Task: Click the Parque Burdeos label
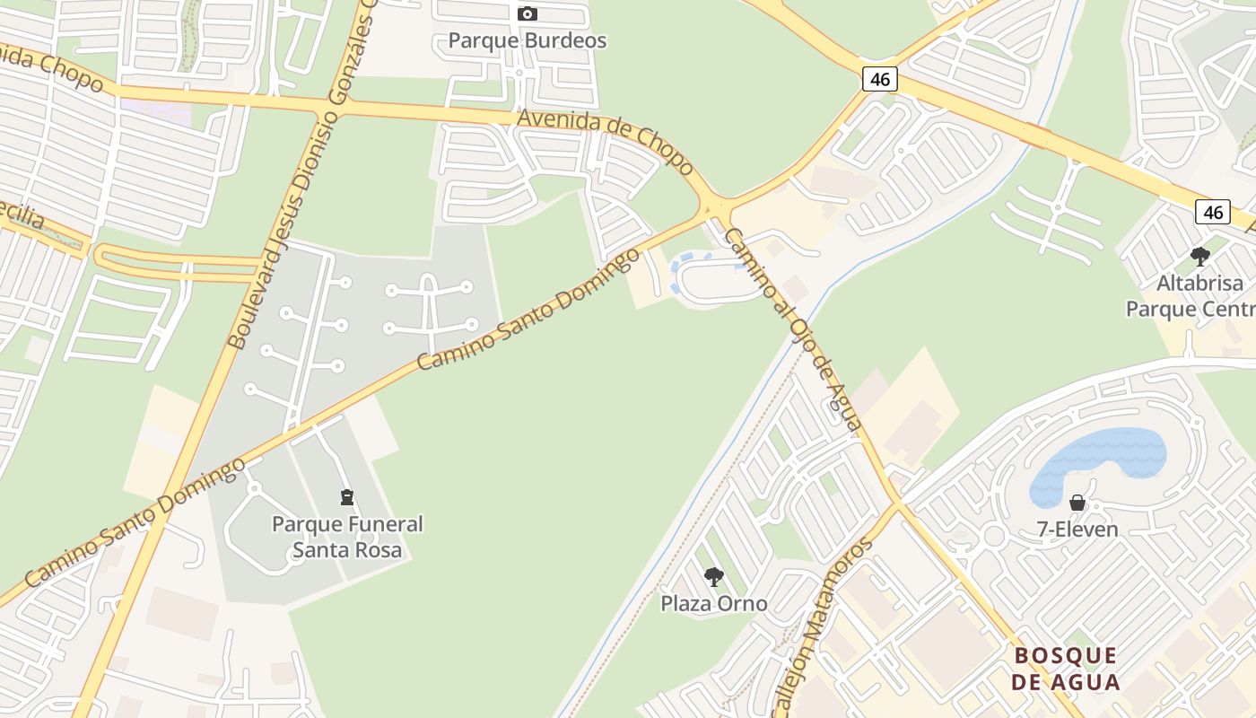pyautogui.click(x=527, y=40)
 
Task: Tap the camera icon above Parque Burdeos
pyautogui.click(x=528, y=13)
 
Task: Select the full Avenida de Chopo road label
pyautogui.click(x=605, y=140)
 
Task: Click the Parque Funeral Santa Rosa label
pyautogui.click(x=347, y=536)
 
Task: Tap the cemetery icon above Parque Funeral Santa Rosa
pyautogui.click(x=347, y=496)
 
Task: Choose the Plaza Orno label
pyautogui.click(x=714, y=603)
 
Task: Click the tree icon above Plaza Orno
pyautogui.click(x=714, y=576)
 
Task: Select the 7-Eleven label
pyautogui.click(x=1077, y=529)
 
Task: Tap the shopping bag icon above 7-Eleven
pyautogui.click(x=1077, y=503)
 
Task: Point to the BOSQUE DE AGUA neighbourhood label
pyautogui.click(x=1066, y=669)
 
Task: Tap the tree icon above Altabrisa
pyautogui.click(x=1199, y=257)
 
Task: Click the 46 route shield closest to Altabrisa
pyautogui.click(x=1212, y=212)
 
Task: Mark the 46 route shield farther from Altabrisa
pyautogui.click(x=880, y=79)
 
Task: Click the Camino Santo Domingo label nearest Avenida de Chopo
pyautogui.click(x=528, y=309)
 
